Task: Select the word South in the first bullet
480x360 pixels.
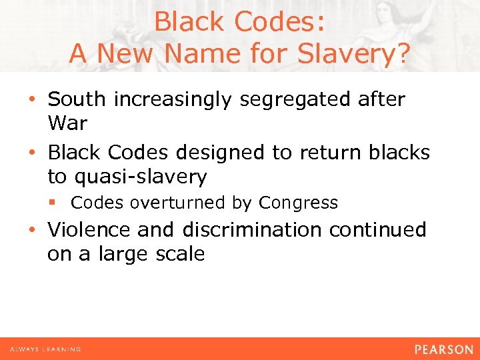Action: pyautogui.click(x=77, y=100)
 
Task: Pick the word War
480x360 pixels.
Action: pyautogui.click(x=67, y=124)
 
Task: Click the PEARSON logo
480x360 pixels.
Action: pyautogui.click(x=443, y=349)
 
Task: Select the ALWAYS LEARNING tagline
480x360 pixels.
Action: pyautogui.click(x=45, y=349)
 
